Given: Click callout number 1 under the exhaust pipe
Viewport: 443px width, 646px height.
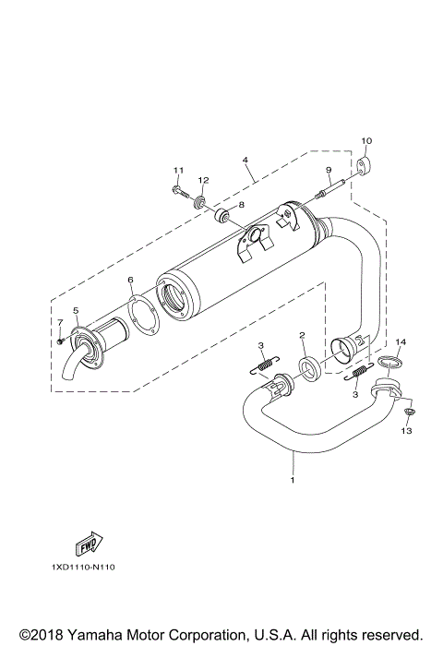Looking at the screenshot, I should click(293, 480).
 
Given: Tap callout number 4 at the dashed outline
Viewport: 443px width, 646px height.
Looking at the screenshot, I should click(245, 160).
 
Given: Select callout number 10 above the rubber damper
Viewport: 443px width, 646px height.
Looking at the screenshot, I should click(365, 141).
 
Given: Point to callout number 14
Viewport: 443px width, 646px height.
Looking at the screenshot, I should click(400, 343).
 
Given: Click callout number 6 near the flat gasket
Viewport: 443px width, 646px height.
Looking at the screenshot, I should click(130, 279).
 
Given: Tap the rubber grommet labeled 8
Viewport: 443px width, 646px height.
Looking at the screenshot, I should click(222, 217).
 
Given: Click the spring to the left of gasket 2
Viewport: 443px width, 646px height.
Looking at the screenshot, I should click(263, 371).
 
